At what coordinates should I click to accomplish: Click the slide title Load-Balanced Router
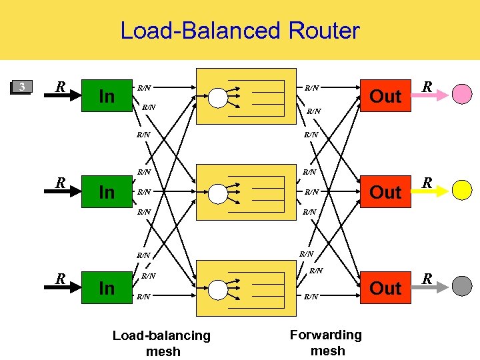pyautogui.click(x=239, y=31)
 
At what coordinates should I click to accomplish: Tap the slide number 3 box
pyautogui.click(x=22, y=87)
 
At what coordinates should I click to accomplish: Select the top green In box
pyautogui.click(x=107, y=96)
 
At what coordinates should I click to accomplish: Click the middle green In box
pyautogui.click(x=107, y=192)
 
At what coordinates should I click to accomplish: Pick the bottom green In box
pyautogui.click(x=107, y=288)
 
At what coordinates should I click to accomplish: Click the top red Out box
pyautogui.click(x=385, y=96)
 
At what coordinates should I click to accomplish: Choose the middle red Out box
pyautogui.click(x=385, y=192)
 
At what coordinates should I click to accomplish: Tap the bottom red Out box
pyautogui.click(x=385, y=288)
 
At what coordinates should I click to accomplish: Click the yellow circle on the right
pyautogui.click(x=462, y=191)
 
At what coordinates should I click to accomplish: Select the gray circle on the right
pyautogui.click(x=462, y=286)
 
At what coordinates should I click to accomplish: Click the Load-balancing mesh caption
pyautogui.click(x=162, y=343)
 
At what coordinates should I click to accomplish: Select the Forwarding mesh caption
pyautogui.click(x=327, y=342)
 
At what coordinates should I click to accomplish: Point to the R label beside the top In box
pyautogui.click(x=60, y=87)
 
